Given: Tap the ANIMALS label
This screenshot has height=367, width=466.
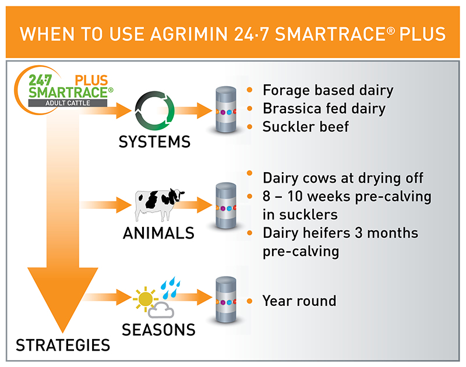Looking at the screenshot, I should click(158, 233).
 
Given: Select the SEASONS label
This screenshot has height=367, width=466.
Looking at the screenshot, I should click(158, 329).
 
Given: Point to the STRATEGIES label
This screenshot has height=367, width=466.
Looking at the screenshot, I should click(63, 345).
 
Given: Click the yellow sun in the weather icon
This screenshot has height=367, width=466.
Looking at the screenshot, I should click(146, 299).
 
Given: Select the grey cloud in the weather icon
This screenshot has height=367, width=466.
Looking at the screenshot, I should click(161, 311).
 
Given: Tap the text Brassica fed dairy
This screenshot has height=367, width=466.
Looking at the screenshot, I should click(324, 108).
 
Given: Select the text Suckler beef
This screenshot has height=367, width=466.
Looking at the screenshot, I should click(305, 126).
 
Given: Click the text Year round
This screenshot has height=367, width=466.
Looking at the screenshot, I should click(299, 301).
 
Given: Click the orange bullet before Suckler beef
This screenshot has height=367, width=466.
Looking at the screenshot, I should click(250, 126).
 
